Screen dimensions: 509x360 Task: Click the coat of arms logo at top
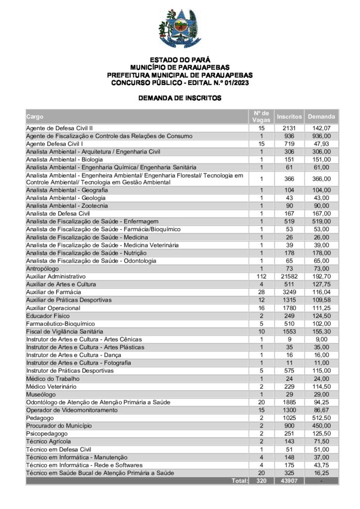click(x=180, y=28)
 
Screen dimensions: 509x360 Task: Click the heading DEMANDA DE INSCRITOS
click(x=180, y=98)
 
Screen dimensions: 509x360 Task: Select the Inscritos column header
click(x=289, y=116)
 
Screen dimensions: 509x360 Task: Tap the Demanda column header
click(x=321, y=116)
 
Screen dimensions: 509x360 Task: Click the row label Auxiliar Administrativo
click(x=56, y=276)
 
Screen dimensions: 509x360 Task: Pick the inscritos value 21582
click(x=289, y=276)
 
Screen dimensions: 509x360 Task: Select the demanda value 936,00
click(x=322, y=136)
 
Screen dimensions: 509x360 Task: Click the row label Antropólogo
click(x=43, y=268)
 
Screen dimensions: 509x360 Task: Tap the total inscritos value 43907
click(x=289, y=481)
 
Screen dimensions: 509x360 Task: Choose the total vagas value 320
click(x=261, y=481)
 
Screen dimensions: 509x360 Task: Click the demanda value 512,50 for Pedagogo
click(x=322, y=418)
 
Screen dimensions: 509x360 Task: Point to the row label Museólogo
click(x=41, y=394)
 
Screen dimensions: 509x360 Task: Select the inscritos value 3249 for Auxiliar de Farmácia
click(x=289, y=292)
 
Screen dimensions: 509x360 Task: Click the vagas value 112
click(x=261, y=276)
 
